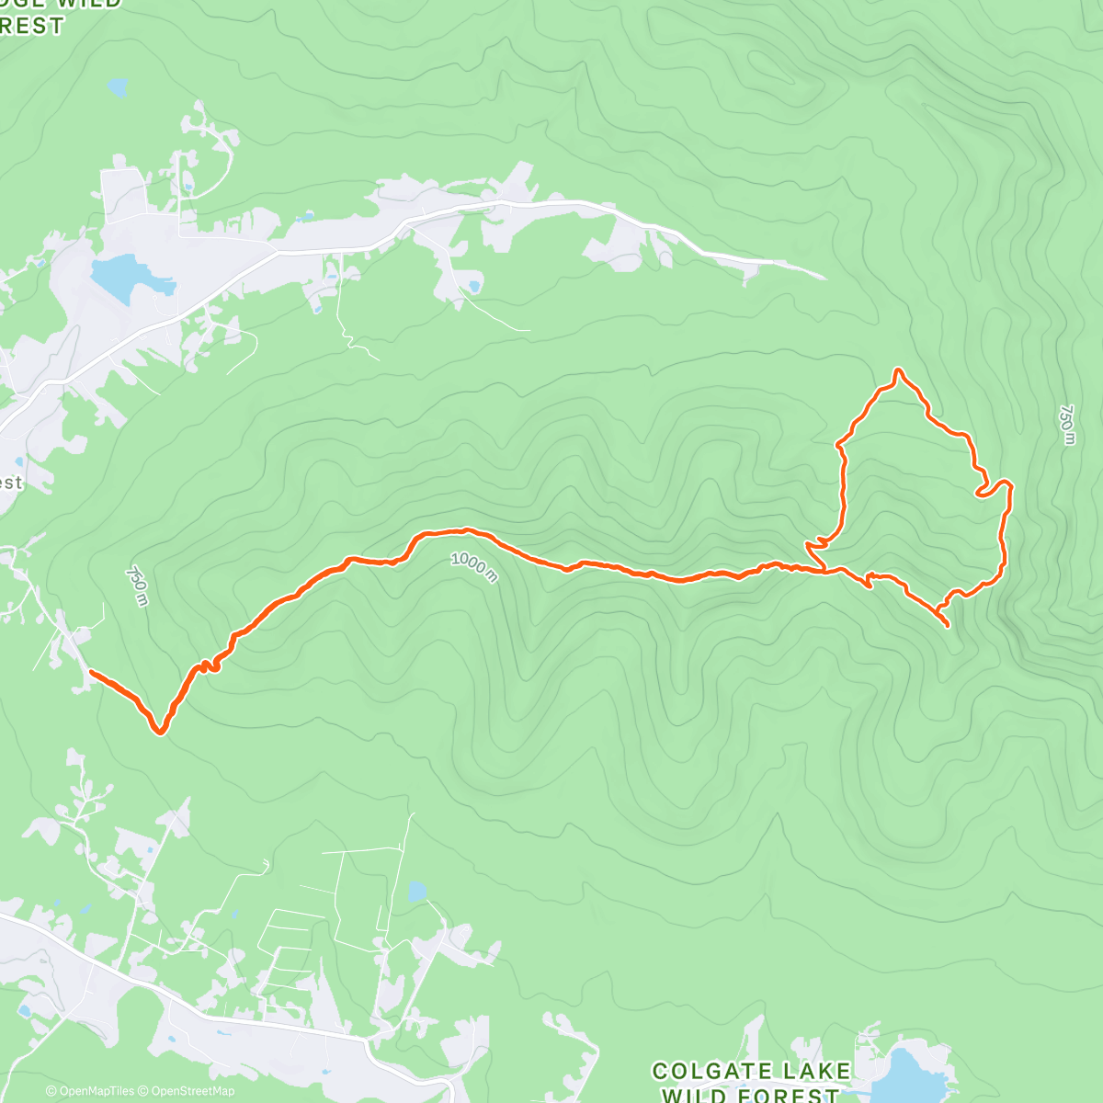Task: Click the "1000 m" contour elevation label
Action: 474,566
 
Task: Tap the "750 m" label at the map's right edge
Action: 1066,425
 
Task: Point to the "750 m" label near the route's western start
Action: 136,586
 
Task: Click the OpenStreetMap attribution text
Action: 188,1091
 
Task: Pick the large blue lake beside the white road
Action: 124,276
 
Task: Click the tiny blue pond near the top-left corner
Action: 117,88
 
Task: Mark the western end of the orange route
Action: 90,673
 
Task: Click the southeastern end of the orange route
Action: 948,626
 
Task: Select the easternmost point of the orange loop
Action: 1010,484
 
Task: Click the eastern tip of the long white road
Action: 824,277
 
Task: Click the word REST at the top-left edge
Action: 32,26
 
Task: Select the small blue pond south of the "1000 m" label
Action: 416,891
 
